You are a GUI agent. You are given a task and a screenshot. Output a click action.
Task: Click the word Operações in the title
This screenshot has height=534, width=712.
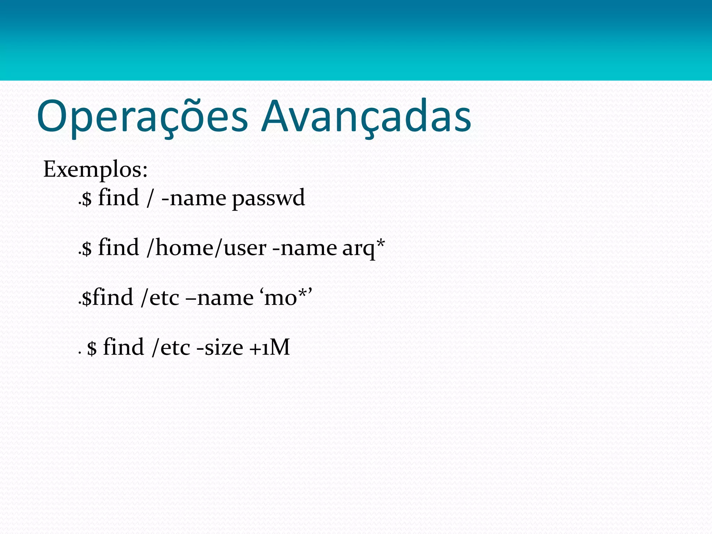[x=142, y=116]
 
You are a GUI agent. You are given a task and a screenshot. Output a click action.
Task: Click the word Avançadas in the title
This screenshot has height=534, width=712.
[x=366, y=116]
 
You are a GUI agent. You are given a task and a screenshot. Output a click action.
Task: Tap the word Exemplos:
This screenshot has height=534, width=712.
[x=95, y=170]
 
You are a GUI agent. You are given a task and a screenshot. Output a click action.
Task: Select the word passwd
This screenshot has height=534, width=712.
[x=268, y=198]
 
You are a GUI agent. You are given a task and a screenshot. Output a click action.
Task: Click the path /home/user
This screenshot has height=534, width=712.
[x=206, y=248]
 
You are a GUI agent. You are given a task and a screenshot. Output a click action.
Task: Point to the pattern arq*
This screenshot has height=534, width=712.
[x=363, y=248]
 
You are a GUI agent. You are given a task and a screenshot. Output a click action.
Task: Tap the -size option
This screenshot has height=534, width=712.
[x=220, y=347]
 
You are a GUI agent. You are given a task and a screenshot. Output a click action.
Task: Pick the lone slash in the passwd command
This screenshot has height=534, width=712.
[x=150, y=198]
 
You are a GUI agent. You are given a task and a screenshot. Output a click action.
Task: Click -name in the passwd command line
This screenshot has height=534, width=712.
[x=194, y=198]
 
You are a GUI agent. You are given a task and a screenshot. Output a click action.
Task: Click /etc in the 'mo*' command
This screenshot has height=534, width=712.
[x=160, y=298]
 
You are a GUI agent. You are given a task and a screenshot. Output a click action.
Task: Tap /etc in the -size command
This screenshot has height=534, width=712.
[x=171, y=347]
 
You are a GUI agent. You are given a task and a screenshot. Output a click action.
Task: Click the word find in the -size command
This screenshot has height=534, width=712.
[x=123, y=347]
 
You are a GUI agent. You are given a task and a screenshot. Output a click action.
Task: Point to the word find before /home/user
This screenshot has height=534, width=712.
[x=119, y=248]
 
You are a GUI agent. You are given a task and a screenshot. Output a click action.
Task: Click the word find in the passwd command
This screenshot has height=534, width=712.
[x=119, y=198]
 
